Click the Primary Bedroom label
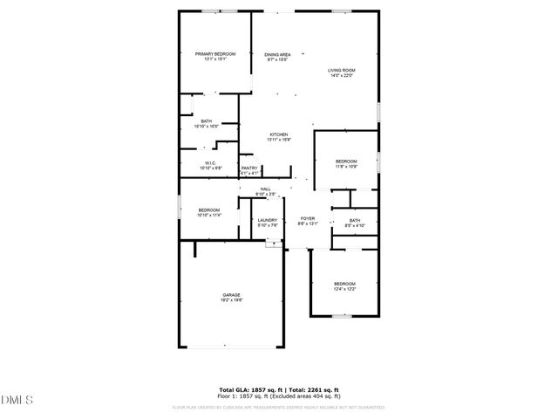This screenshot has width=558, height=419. (x=214, y=54)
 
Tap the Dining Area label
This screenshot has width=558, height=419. (x=277, y=54)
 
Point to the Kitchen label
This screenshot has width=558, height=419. (x=278, y=134)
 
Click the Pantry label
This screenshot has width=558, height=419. (x=249, y=168)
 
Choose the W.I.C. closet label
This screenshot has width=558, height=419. (x=211, y=162)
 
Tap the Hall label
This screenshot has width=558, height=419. (x=265, y=189)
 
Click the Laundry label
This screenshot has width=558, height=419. (x=267, y=220)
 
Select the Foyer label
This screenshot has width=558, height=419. (x=308, y=218)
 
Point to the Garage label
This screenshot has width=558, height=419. (x=231, y=295)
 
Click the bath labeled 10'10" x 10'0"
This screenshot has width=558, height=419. (x=207, y=124)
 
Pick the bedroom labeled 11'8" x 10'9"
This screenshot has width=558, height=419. (x=346, y=164)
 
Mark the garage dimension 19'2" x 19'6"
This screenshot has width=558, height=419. (x=231, y=300)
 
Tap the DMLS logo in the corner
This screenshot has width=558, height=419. (x=17, y=400)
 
